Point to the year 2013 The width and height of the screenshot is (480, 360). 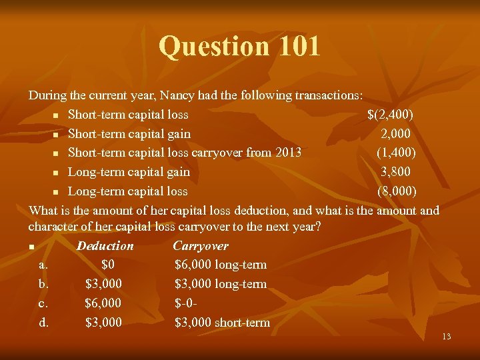point(286,153)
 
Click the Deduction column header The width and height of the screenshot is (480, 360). point(105,246)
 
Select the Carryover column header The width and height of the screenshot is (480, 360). point(200,246)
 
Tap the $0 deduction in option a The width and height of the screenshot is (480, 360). point(111,265)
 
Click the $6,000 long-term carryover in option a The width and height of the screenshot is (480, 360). point(220,265)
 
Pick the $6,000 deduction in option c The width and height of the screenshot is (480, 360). point(103,303)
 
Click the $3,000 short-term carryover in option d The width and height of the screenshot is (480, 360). point(222,323)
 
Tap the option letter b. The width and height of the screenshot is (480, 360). point(43,285)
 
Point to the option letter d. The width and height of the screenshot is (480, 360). point(43,323)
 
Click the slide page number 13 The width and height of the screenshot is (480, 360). point(446,337)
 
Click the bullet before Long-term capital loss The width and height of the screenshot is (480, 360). point(57,192)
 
